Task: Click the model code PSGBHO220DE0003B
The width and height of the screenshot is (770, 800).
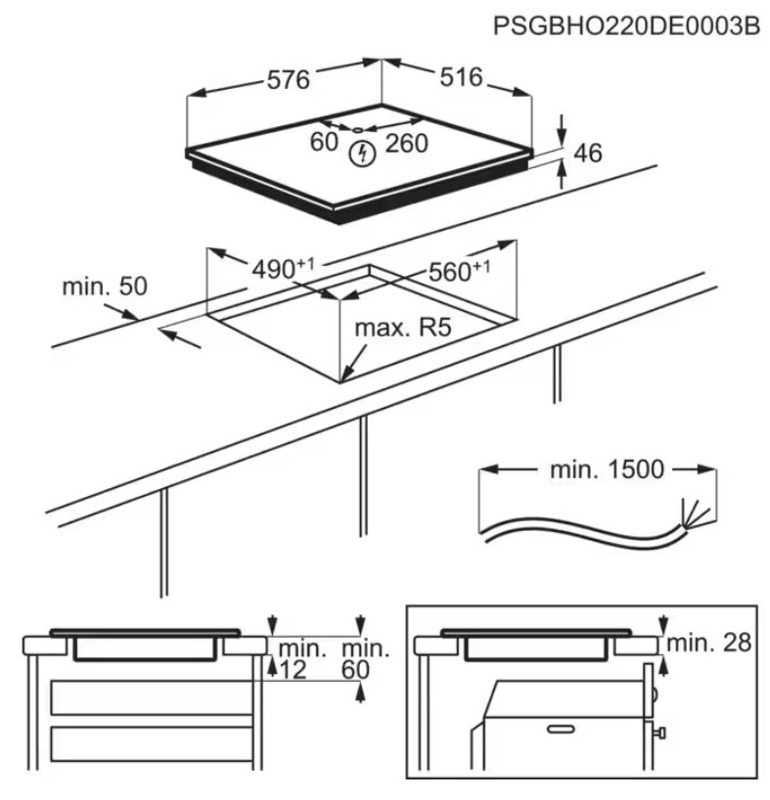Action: point(626,25)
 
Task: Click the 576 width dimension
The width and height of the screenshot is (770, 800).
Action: point(289,80)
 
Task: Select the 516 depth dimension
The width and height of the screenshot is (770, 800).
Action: point(461,77)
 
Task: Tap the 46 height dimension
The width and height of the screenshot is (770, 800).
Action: point(588,153)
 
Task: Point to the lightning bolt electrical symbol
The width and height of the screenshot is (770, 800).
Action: point(362,154)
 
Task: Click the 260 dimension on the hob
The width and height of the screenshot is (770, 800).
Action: point(406,144)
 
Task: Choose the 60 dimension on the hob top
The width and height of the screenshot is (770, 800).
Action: point(324,142)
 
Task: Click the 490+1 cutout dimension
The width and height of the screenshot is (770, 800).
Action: point(283,268)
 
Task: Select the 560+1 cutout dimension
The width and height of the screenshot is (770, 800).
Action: point(459,271)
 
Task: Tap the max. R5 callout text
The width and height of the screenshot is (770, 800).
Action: point(403,328)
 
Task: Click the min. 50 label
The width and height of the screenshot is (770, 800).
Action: point(105,287)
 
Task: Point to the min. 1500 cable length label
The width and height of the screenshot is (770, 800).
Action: point(608,469)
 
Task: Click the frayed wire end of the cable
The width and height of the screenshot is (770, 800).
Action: point(694,512)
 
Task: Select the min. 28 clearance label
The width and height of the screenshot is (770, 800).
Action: point(708,643)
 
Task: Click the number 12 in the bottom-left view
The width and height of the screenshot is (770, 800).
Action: point(293,669)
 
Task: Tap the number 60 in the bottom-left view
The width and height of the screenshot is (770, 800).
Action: point(355,669)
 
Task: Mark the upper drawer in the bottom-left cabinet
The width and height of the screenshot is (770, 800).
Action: point(152,697)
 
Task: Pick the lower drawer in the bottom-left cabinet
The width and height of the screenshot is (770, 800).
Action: point(152,744)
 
